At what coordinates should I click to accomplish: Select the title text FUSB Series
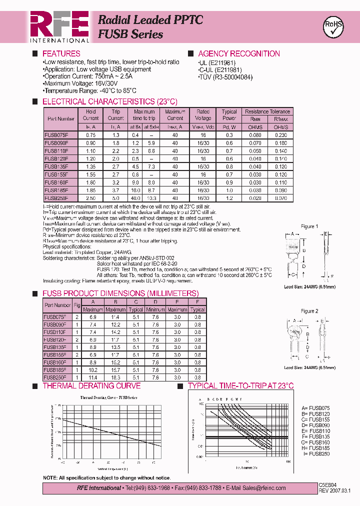[x=130, y=34]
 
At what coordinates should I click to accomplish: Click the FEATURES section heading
[x=61, y=53]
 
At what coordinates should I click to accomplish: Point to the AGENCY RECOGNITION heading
[x=238, y=53]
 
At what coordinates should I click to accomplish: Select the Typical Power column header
[x=229, y=115]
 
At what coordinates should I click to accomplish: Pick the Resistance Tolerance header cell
[x=267, y=111]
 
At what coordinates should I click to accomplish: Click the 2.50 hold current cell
[x=90, y=198]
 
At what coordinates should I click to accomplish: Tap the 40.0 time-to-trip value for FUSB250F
[x=135, y=198]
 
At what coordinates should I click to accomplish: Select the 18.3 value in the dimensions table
[x=115, y=377]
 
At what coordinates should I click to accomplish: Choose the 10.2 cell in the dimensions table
[x=92, y=370]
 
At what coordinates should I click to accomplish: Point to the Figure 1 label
[x=309, y=226]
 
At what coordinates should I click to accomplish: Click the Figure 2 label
[x=309, y=311]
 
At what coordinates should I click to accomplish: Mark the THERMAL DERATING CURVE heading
[x=91, y=386]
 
